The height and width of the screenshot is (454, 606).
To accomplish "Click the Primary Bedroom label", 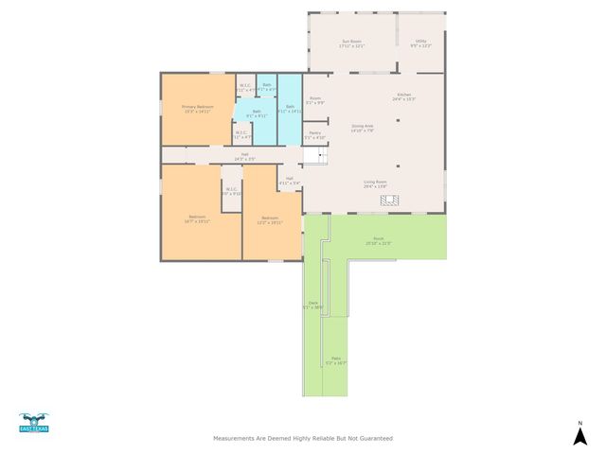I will pos(197,108).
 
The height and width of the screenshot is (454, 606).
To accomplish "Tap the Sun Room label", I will pos(351,43).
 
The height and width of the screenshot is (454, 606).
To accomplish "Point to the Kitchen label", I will pos(404,96).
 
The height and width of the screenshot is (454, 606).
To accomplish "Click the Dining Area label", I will pos(363,127).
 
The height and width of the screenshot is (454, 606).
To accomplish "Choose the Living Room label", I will pos(376,183).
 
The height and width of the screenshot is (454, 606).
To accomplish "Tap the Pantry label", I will pos(314,134).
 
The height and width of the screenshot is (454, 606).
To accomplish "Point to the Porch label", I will pos(378,240).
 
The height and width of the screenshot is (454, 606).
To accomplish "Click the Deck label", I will pos(312,305).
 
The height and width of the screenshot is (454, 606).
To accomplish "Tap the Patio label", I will pos(335,359).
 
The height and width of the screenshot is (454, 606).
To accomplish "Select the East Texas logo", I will pos(33,422).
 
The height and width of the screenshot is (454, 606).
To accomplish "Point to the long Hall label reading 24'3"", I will pos(244,157).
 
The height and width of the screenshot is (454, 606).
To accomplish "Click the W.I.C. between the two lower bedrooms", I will pos(231,190).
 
